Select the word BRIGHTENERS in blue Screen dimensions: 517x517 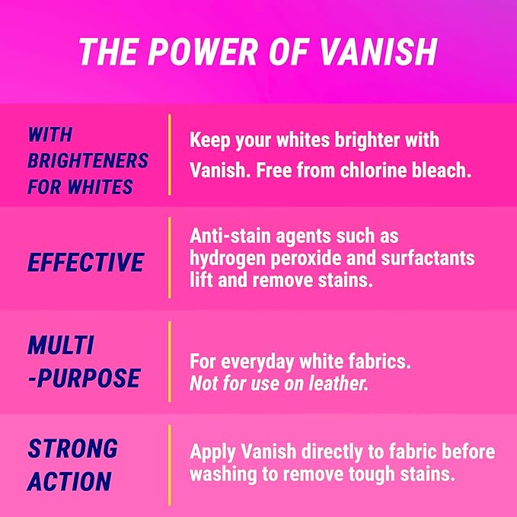(x=88, y=161)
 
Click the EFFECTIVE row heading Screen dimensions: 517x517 (x=85, y=263)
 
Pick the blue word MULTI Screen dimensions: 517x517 (x=61, y=345)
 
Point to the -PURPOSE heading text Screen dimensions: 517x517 (x=84, y=378)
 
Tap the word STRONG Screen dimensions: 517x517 (x=73, y=448)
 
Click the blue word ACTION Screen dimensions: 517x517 (x=69, y=481)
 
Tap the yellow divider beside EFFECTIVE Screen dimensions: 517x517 (x=169, y=257)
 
